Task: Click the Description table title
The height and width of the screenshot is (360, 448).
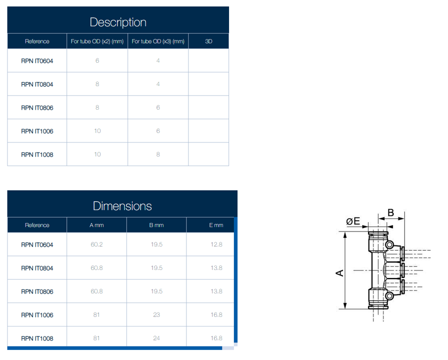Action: tap(118, 22)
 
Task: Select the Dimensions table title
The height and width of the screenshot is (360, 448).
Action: tap(122, 205)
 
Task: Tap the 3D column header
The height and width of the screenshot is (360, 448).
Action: tap(208, 41)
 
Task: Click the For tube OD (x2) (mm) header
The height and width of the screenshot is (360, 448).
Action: tap(97, 41)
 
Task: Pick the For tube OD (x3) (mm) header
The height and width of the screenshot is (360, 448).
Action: tap(158, 41)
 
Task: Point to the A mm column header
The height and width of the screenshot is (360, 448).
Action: tap(96, 225)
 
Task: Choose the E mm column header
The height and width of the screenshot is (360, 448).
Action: tap(216, 225)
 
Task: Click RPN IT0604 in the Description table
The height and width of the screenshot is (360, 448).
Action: tap(37, 61)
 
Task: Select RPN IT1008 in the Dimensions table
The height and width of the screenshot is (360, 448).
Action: tap(37, 338)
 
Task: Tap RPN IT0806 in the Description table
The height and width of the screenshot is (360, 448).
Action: tap(37, 107)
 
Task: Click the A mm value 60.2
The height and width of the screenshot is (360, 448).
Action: tap(96, 245)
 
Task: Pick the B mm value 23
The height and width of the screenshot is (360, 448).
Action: tap(156, 315)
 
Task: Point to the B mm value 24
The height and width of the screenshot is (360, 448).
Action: tap(156, 338)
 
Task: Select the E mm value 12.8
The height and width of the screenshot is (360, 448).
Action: tap(216, 245)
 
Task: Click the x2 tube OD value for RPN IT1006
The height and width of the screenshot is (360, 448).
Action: tap(97, 131)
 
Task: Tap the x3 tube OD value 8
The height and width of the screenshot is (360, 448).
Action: tap(158, 154)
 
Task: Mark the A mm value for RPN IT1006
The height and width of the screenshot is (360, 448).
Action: tap(96, 315)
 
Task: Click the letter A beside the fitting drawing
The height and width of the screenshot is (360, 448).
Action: tap(339, 273)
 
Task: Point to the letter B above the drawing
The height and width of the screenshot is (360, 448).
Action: tap(391, 212)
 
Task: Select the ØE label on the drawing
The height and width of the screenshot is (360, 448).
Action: tap(353, 220)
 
